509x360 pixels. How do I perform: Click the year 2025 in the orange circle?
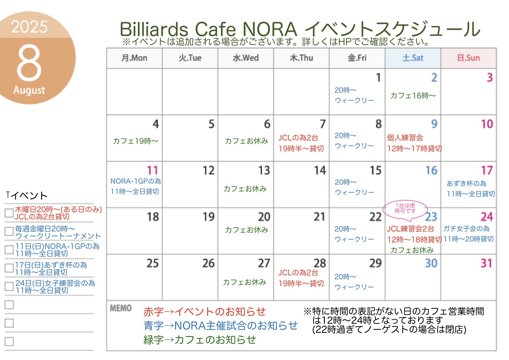[x=29, y=27]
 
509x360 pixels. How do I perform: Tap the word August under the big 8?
[x=29, y=90]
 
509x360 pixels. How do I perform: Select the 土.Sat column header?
[x=413, y=58]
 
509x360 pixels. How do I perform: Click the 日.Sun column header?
[x=468, y=58]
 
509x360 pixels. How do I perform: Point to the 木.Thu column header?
[x=301, y=58]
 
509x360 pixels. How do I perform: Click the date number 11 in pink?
[x=152, y=170]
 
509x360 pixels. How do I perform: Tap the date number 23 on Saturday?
[x=431, y=217]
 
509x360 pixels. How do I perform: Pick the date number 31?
[x=486, y=263]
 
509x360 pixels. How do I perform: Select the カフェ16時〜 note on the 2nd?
[x=413, y=96]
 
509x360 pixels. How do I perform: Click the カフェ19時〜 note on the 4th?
[x=135, y=141]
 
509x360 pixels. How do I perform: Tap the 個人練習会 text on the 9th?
[x=405, y=138]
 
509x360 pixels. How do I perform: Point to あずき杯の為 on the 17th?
[x=466, y=184]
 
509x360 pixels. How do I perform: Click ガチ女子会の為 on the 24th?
[x=466, y=228]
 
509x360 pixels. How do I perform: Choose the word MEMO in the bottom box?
[x=121, y=308]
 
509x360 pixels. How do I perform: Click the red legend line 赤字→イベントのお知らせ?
[x=204, y=312]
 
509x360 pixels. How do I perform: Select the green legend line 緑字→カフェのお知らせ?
[x=200, y=340]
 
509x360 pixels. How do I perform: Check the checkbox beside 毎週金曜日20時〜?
[x=9, y=231]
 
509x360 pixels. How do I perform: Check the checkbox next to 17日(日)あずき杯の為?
[x=9, y=268]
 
